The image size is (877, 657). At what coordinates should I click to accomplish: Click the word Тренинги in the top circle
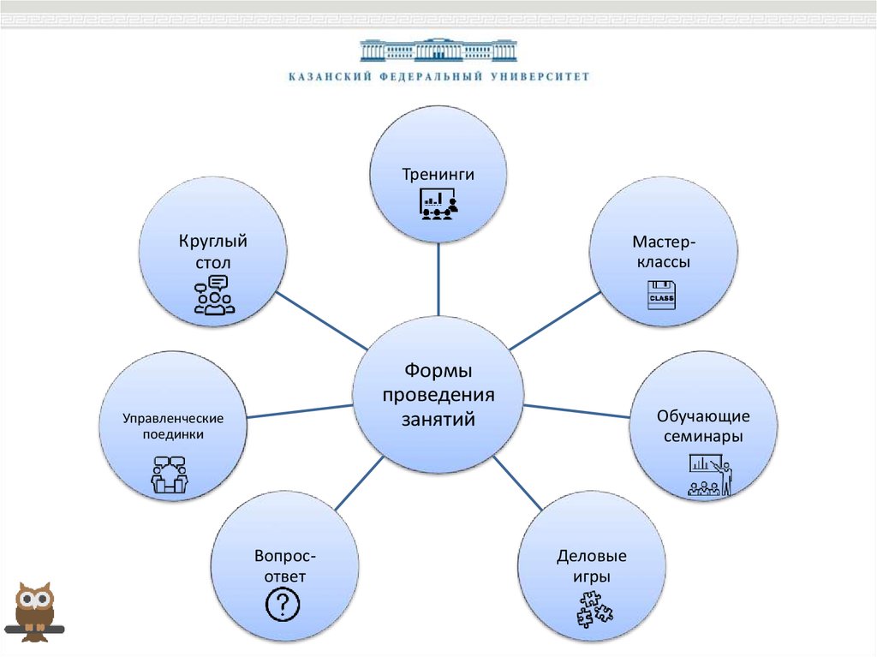coord(438,175)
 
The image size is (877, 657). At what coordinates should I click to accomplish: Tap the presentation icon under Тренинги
coord(438,202)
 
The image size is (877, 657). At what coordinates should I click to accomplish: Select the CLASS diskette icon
coord(661,296)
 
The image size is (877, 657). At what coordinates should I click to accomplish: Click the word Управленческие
coord(173,418)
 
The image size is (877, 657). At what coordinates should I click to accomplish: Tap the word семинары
coord(703,437)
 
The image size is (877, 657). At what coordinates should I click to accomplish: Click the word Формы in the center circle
coord(438,372)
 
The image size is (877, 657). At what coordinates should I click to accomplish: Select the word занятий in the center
coord(438,420)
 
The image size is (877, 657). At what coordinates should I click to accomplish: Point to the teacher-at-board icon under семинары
coord(710,476)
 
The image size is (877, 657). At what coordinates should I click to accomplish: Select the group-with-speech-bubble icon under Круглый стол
coord(214,295)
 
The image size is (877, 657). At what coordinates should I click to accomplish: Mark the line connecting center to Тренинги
coord(438,278)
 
